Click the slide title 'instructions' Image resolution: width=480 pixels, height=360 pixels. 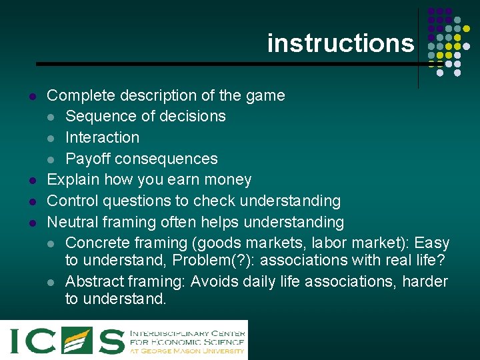pyautogui.click(x=340, y=43)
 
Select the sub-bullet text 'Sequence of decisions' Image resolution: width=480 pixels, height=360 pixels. pyautogui.click(x=145, y=116)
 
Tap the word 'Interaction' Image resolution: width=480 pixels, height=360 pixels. pyautogui.click(x=102, y=137)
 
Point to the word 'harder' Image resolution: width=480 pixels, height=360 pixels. pyautogui.click(x=424, y=281)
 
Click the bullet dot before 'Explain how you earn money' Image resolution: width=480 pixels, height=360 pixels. pyautogui.click(x=31, y=181)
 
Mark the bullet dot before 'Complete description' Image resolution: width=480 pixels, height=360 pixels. pyautogui.click(x=31, y=96)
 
